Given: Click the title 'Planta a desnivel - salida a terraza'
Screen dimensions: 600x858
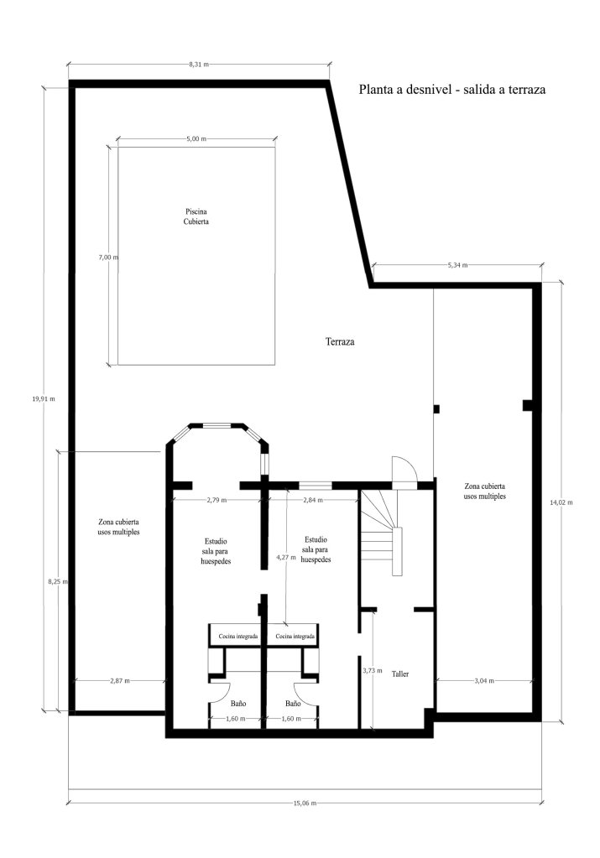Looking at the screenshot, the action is pos(452,89).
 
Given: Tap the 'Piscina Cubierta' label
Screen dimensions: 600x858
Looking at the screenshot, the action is pos(196,216).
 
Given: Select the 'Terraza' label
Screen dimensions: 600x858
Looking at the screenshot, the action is pos(340,341).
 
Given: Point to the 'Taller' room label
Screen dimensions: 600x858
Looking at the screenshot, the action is pos(400,673).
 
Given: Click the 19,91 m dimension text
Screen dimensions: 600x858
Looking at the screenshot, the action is pos(44,399).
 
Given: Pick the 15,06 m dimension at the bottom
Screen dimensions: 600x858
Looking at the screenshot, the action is pos(305,803).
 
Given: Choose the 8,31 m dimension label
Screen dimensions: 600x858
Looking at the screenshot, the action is pos(199,64).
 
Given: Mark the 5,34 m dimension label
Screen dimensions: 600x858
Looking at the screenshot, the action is pos(457,265).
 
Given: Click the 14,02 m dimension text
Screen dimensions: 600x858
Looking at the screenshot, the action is pos(561,502).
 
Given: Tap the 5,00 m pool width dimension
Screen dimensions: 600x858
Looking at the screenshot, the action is pos(196,139).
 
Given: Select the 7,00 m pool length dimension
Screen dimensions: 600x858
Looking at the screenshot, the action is pos(108,257).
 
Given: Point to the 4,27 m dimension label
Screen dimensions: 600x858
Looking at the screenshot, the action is pos(286,557).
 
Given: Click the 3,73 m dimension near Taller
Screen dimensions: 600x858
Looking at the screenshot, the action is pos(373,670).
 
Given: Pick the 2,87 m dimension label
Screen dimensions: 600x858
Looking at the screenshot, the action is pos(120,681).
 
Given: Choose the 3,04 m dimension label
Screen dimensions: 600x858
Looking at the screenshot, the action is pos(483,681).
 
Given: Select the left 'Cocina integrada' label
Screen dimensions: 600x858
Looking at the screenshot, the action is pos(238,637).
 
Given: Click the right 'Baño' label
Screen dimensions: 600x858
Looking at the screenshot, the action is pos(293,703).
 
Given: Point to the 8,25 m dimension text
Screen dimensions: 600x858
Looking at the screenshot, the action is pos(57,582).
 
